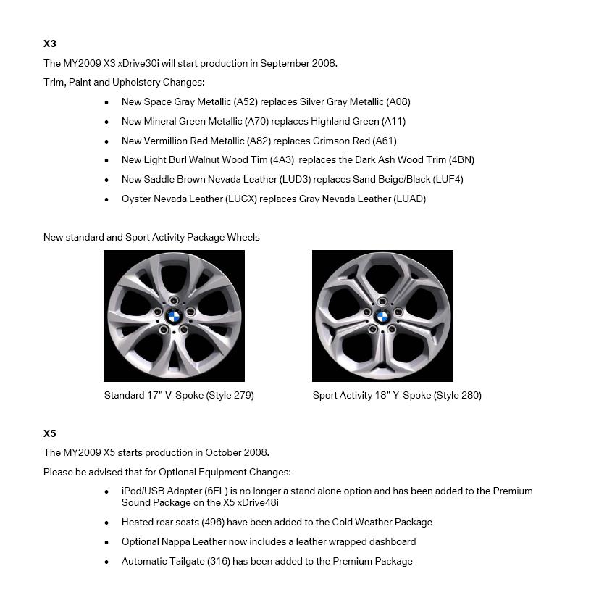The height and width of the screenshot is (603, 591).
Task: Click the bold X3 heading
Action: click(x=50, y=43)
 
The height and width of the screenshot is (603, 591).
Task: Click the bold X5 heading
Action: click(x=50, y=433)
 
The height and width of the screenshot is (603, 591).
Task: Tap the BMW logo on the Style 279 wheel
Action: click(x=173, y=315)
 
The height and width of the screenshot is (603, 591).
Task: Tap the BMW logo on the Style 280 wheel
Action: click(x=382, y=316)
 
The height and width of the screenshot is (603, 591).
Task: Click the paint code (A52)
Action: click(x=246, y=102)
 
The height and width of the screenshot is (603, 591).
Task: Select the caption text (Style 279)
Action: click(x=230, y=396)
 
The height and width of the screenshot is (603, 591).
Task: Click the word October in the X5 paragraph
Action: click(x=219, y=453)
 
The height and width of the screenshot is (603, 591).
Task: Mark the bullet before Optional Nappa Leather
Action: click(x=106, y=543)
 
